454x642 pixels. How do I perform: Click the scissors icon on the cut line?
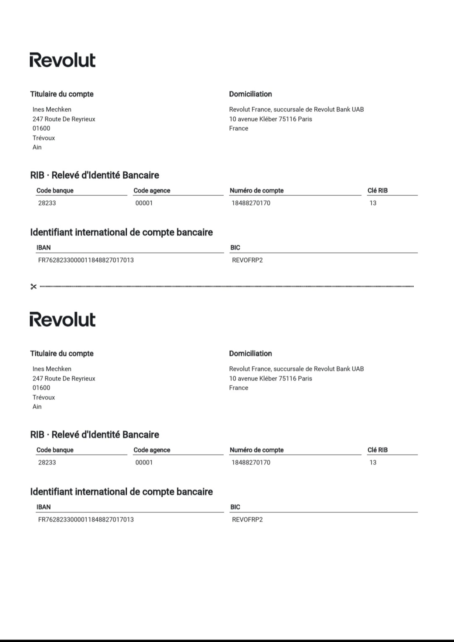coord(34,287)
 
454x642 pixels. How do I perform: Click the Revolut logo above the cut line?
coord(62,60)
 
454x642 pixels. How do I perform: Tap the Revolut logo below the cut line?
coord(62,319)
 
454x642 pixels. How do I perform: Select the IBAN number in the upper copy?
coord(86,260)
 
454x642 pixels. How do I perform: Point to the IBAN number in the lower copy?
coord(86,520)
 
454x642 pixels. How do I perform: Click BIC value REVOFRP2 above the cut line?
coord(247,260)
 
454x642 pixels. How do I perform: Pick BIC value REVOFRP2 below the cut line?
coord(247,520)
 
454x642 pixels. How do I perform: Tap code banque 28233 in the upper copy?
coord(47,203)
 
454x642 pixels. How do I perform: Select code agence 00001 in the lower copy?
coord(144,462)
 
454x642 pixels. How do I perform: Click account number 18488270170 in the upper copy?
coord(251,203)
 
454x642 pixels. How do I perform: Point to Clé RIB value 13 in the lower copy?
coord(373,462)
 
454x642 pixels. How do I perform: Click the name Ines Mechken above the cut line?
coord(52,109)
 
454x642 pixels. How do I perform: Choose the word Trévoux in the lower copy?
coord(44,397)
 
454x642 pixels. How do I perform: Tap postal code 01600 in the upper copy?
coord(41,128)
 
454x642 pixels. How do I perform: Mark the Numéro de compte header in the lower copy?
coord(257,450)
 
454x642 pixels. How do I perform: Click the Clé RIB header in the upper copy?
coord(378,190)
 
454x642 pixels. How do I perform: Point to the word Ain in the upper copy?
coord(37,147)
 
